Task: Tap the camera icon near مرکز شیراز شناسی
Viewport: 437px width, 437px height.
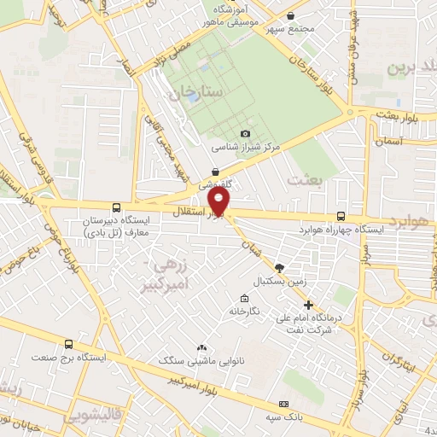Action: [x=246, y=133]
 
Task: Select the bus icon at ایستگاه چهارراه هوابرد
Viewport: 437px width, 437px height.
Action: [x=341, y=217]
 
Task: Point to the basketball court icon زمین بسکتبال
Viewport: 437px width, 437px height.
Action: [x=279, y=268]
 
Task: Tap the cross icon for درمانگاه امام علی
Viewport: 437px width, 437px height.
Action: [x=308, y=305]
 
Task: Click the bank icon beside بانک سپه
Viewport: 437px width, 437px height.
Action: [x=284, y=404]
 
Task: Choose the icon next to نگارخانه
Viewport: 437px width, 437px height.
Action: [x=245, y=299]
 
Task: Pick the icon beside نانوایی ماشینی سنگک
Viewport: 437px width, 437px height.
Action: [x=201, y=347]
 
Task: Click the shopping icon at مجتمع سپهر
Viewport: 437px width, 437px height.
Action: [x=291, y=15]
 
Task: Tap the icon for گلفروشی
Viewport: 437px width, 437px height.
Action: [x=215, y=171]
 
